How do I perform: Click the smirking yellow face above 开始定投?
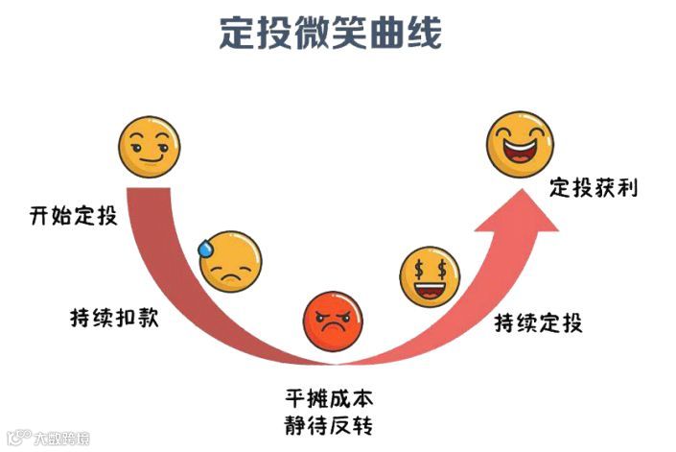point(150,147)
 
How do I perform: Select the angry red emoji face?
point(333,321)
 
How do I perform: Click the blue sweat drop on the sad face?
point(205,247)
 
